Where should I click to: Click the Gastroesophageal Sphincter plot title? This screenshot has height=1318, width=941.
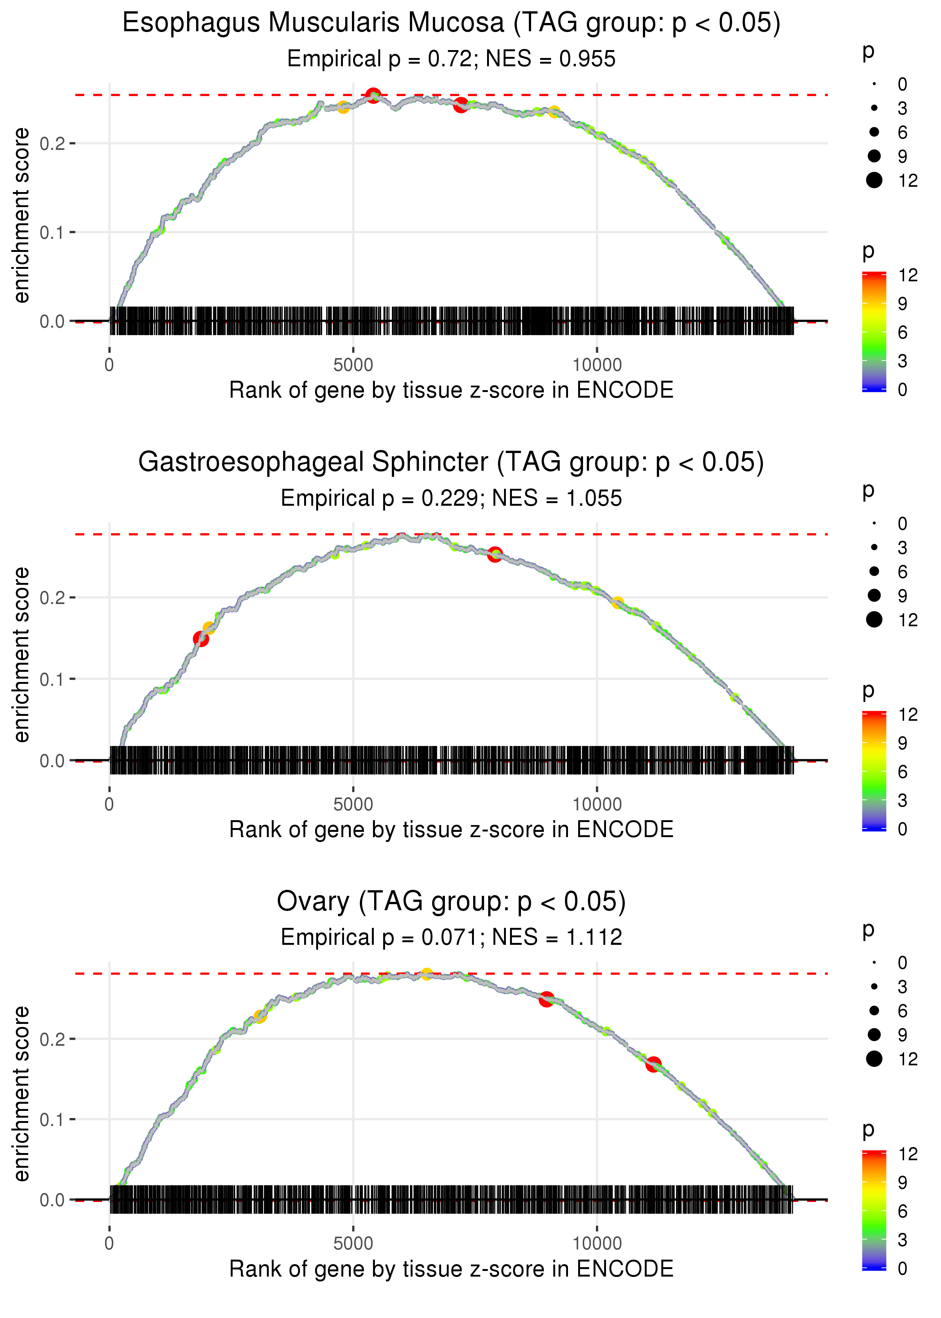click(x=451, y=462)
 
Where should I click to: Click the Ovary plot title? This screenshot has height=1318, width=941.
click(x=451, y=901)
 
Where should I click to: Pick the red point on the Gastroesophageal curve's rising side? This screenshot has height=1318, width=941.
click(x=201, y=639)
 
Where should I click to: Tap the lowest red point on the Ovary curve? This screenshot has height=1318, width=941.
click(x=653, y=1065)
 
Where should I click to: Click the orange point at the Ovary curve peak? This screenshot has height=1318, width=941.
click(x=426, y=974)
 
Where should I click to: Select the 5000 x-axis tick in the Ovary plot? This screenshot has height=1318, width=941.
click(x=353, y=1243)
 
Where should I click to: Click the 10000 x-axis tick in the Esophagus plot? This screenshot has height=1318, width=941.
click(x=597, y=365)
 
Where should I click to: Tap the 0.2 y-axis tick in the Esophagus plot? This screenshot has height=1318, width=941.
click(x=52, y=143)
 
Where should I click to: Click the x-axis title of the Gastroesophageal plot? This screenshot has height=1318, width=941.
click(x=451, y=830)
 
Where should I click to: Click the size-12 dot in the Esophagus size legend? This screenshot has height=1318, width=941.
click(x=874, y=180)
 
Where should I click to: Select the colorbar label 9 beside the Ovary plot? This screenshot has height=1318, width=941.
click(x=902, y=1182)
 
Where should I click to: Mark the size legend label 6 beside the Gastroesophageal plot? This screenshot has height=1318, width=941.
click(x=902, y=572)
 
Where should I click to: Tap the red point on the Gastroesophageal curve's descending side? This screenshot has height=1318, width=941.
click(x=494, y=554)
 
